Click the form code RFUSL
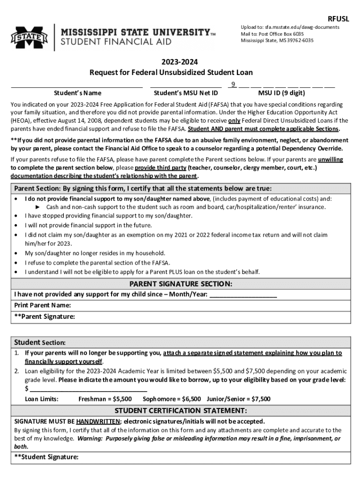pos(338,19)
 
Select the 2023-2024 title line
pos(172,62)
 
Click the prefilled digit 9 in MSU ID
pos(233,84)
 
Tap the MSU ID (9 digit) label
pos(281,93)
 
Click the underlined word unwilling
pos(330,159)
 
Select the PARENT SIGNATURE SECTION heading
pos(181,284)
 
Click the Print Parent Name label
pos(43,305)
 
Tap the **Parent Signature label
pos(44,316)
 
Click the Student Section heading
pos(40,342)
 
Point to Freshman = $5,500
pos(105,399)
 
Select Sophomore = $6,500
pos(172,399)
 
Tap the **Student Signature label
pos(46,457)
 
